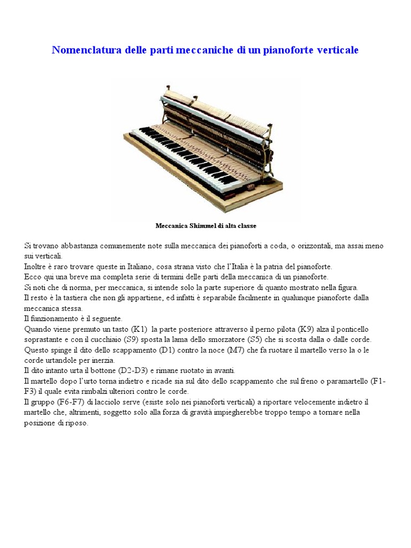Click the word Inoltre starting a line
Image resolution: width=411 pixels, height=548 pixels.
coord(35,266)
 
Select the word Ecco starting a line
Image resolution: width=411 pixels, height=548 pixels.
coord(33,277)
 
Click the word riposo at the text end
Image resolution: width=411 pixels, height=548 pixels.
coord(75,423)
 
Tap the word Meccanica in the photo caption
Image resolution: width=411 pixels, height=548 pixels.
coord(171,226)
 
